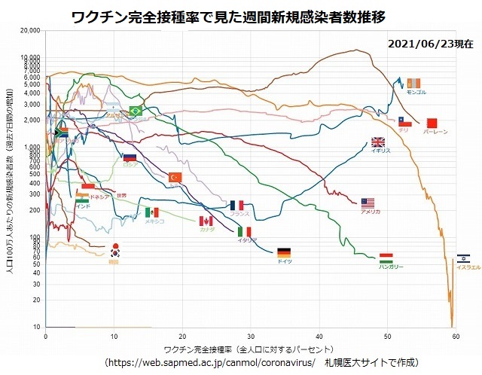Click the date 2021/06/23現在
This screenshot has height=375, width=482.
[x=431, y=44]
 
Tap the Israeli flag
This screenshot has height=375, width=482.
[x=464, y=258]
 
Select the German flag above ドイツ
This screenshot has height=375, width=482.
[x=284, y=252]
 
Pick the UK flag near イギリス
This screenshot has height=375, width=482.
[x=378, y=142]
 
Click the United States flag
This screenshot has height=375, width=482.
[x=368, y=203]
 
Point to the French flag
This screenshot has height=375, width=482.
[x=237, y=205]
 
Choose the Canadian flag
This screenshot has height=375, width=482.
[x=206, y=221]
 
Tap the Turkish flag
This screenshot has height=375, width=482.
[x=175, y=177]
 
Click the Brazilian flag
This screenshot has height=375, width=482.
[x=136, y=111]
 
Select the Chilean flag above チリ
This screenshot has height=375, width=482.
[x=403, y=121]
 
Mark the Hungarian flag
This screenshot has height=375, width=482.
[x=386, y=258]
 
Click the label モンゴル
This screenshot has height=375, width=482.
[x=416, y=92]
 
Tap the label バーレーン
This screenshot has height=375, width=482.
[x=435, y=132]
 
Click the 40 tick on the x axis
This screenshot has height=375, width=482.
[x=319, y=336]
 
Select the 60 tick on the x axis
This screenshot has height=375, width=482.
[x=456, y=336]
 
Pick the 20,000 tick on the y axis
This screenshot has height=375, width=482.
[x=30, y=31]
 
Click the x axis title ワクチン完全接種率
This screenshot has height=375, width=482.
[x=249, y=350]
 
